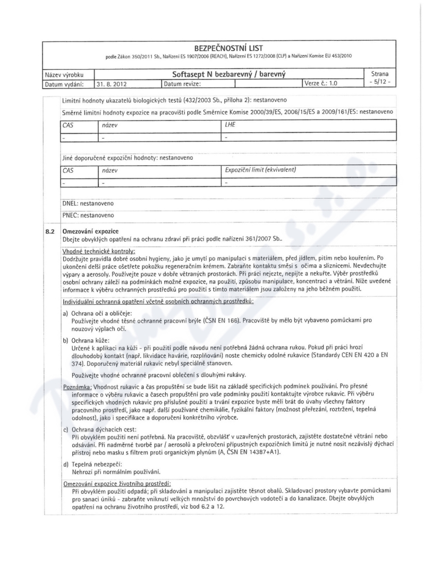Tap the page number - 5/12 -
click(381, 83)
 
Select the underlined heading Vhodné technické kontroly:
click(99, 250)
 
